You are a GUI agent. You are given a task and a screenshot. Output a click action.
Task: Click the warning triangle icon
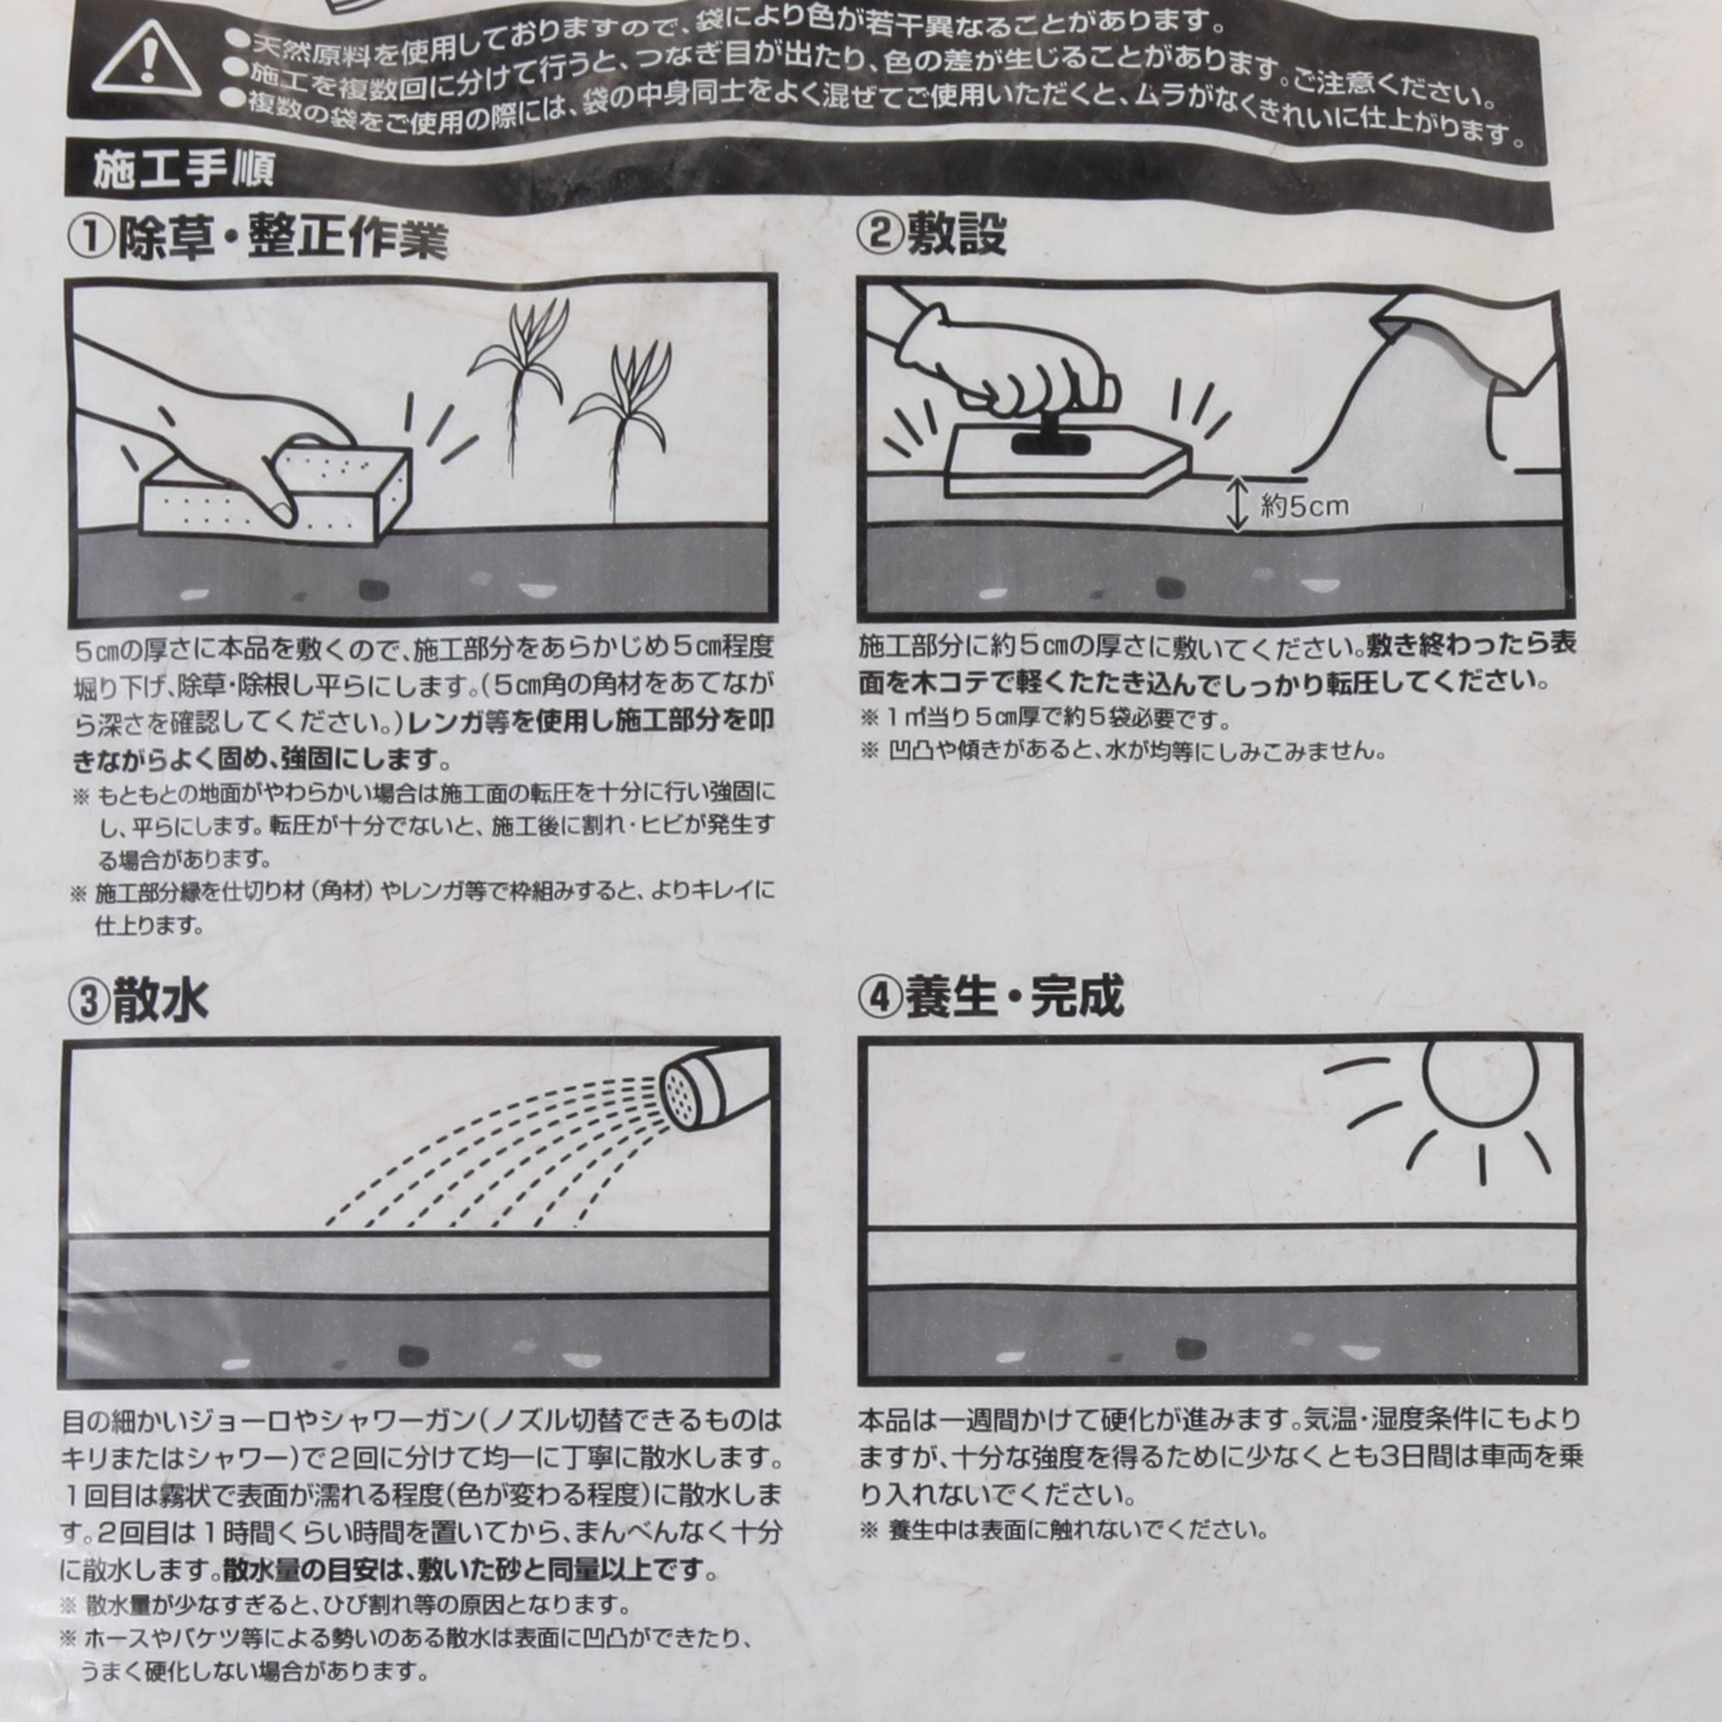[x=147, y=60]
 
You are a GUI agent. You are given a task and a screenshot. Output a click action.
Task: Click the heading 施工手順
[x=183, y=170]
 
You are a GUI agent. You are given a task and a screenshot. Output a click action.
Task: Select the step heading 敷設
[x=957, y=235]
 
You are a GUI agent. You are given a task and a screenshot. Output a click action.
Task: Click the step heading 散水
[x=159, y=1000]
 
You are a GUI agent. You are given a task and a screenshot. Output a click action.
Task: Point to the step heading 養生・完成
[x=1014, y=996]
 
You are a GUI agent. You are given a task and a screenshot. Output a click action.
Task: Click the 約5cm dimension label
[x=1304, y=506]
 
